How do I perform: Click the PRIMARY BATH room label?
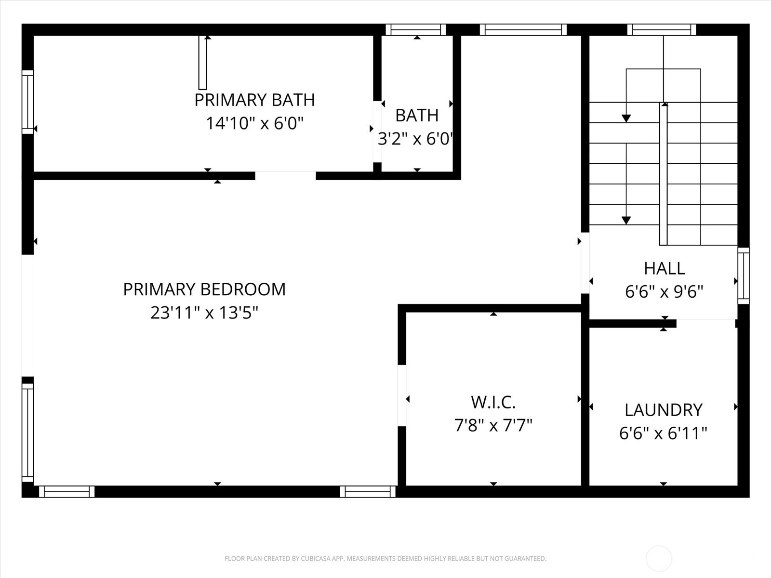[254, 100]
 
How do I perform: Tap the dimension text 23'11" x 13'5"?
[204, 313]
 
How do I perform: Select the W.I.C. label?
[493, 402]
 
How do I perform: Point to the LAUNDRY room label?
[663, 410]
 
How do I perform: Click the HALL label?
[664, 268]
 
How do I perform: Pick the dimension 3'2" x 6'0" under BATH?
[415, 139]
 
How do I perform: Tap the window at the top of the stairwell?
[662, 30]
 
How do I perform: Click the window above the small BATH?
[415, 30]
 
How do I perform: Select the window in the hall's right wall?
[744, 276]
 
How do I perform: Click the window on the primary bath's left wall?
[28, 102]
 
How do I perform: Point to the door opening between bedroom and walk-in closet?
[401, 396]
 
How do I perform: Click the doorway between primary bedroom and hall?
[585, 263]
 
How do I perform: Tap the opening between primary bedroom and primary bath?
[285, 175]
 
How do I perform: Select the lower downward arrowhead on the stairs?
[626, 221]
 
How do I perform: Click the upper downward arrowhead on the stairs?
[626, 118]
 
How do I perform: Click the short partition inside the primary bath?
[203, 63]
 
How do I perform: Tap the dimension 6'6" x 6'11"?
[663, 433]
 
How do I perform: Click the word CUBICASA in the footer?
[315, 559]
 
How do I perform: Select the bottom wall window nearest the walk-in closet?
[368, 492]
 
